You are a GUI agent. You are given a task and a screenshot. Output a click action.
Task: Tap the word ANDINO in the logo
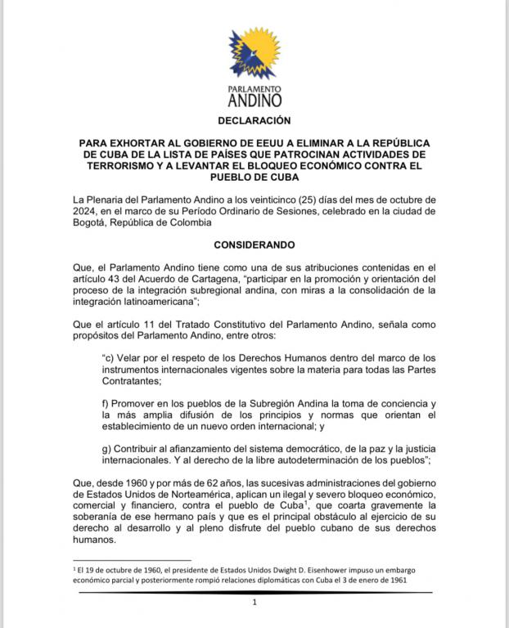(254, 101)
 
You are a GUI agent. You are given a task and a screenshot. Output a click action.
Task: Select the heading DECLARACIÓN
(254, 120)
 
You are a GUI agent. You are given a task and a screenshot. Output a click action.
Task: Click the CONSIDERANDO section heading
(254, 244)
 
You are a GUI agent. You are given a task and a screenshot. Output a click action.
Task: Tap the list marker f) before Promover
(106, 403)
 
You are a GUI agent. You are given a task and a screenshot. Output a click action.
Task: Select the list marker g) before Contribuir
(107, 449)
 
